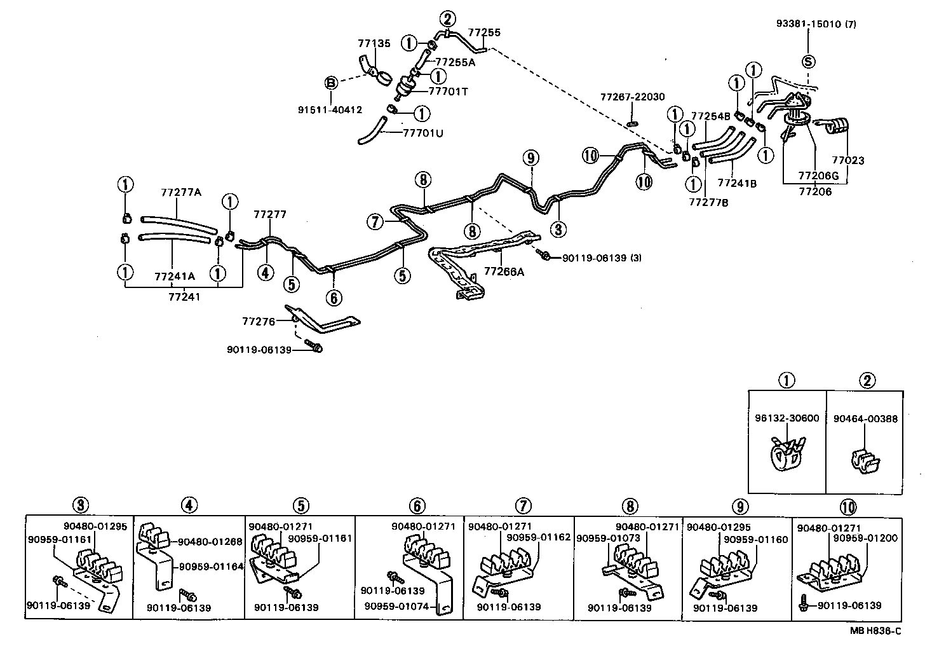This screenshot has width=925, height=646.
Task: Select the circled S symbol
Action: click(808, 62)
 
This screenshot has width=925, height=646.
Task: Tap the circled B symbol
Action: click(331, 83)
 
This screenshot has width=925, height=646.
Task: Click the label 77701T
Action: click(448, 92)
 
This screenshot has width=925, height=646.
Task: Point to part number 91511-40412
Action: click(330, 109)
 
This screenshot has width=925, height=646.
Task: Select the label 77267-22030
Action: click(632, 97)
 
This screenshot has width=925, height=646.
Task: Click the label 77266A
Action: click(504, 271)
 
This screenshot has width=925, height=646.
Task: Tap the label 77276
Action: click(258, 322)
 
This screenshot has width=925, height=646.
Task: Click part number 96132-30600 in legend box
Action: click(787, 418)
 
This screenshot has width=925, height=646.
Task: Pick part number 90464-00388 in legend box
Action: click(865, 418)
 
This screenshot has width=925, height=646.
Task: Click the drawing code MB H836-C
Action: click(875, 631)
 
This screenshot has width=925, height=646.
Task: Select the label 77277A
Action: click(181, 191)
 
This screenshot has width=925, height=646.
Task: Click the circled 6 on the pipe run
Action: click(334, 297)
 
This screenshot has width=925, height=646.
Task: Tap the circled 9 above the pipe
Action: click(531, 158)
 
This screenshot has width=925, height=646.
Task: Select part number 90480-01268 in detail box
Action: click(210, 542)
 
